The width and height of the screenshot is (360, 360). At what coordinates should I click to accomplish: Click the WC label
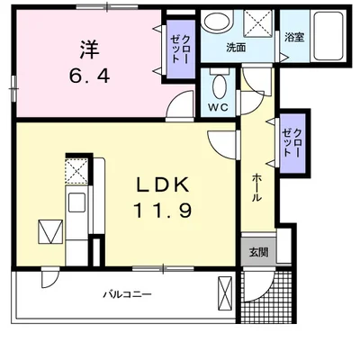pos(217,107)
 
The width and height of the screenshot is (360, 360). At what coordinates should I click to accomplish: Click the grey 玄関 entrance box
pos(256,251)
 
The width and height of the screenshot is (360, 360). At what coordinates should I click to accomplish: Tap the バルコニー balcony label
pos(126,294)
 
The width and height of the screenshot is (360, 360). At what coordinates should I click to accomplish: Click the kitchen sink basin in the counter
pos(75,201)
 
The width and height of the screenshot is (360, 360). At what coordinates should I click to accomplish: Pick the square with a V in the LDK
pos(50,233)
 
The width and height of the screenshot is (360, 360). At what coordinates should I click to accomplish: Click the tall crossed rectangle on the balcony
pos(226,293)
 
